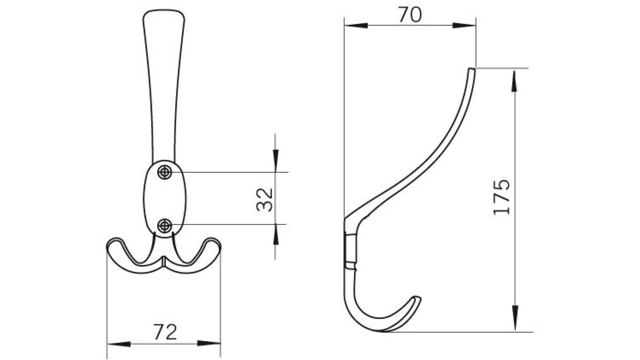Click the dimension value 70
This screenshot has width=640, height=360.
(410, 16)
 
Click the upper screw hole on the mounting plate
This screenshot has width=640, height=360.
(164, 172)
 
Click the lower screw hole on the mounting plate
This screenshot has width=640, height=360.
(164, 226)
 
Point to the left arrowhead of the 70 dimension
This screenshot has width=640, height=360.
(356, 26)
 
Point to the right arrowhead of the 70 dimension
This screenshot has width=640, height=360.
(464, 26)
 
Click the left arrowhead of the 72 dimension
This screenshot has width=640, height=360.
(119, 344)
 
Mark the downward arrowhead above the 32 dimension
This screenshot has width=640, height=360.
(275, 158)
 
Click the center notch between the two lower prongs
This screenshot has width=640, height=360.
(164, 261)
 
